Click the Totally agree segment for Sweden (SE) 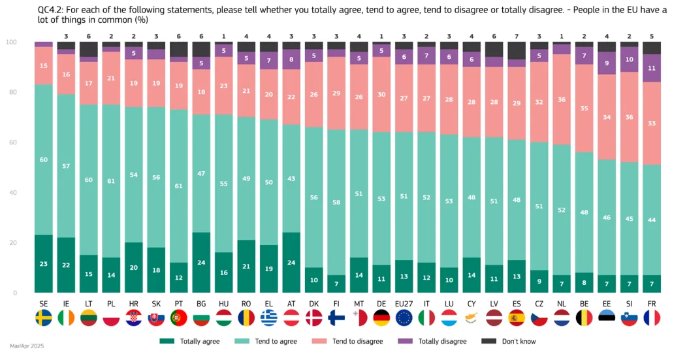(44, 263)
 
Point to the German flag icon (381, 318)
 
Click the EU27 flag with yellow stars (404, 318)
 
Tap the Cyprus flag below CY (471, 318)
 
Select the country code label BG (201, 303)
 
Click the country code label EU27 (404, 303)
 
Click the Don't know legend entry (510, 341)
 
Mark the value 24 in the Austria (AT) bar (291, 263)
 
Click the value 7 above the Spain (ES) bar (517, 36)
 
